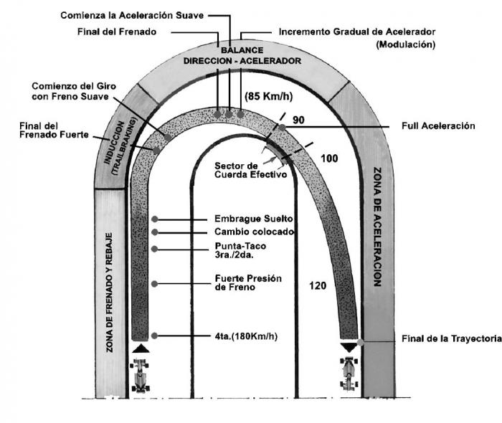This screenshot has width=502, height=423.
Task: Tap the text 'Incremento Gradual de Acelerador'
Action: point(356,32)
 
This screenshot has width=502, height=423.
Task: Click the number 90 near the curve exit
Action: point(299,120)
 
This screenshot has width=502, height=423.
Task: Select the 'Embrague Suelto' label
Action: point(250,219)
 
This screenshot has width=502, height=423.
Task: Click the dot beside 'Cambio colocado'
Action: point(155,232)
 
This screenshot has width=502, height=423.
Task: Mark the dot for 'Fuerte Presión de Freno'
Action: point(155,284)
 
